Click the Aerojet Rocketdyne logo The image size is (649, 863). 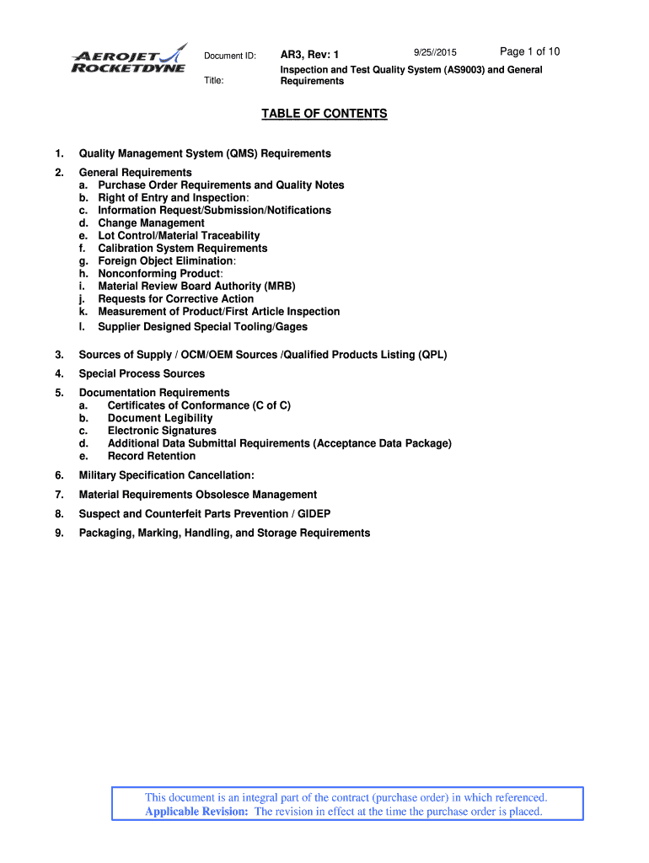[129, 58]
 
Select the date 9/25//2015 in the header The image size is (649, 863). [436, 54]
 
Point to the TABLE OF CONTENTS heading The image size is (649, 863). [324, 114]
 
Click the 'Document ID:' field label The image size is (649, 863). [229, 56]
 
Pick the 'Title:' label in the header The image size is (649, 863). [215, 81]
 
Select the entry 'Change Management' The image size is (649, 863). [151, 223]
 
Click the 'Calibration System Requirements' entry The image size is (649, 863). [182, 249]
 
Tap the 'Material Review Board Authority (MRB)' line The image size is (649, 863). [196, 287]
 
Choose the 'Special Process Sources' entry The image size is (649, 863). [142, 374]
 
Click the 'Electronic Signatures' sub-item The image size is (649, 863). [162, 431]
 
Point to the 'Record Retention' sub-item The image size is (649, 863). [152, 456]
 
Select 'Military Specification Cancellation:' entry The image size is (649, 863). [166, 476]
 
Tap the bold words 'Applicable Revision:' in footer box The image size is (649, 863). [197, 812]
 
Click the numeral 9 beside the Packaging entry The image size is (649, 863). [59, 533]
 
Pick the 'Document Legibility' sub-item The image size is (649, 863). [160, 418]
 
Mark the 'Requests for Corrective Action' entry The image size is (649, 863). [175, 299]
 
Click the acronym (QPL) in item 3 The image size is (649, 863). [432, 355]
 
